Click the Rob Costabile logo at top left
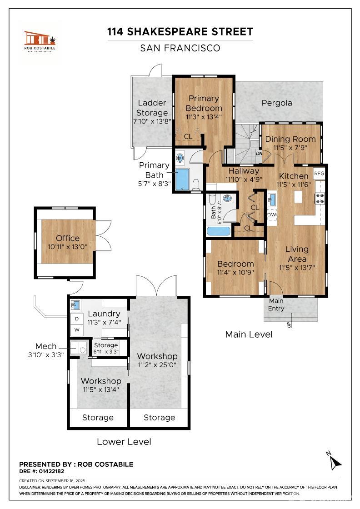tap(40, 41)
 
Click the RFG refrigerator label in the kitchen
tap(319, 173)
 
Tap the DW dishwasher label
tap(272, 215)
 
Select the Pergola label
tap(277, 103)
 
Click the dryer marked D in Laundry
tap(77, 319)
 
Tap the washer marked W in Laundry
tap(77, 330)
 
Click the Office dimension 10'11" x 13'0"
tap(68, 247)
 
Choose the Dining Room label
tap(290, 139)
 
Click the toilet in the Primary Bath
tap(196, 185)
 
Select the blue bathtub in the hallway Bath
tap(219, 231)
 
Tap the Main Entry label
tap(276, 304)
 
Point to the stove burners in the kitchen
tap(320, 198)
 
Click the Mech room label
tap(46, 346)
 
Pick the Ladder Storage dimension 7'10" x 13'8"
tap(152, 121)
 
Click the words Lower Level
tap(124, 441)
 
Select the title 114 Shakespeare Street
tap(180, 31)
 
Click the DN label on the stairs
tap(259, 153)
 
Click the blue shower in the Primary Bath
tap(182, 179)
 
